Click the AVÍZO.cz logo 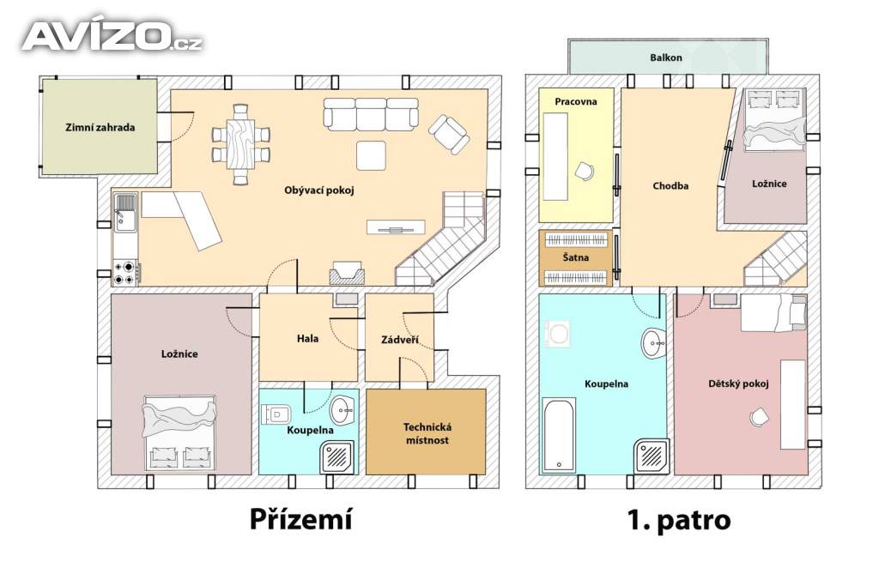(x=112, y=36)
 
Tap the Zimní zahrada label (x=100, y=127)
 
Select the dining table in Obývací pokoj (x=240, y=144)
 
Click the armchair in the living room (x=448, y=135)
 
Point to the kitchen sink (x=125, y=212)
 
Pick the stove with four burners (x=125, y=272)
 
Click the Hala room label (x=308, y=338)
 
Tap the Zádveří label (x=400, y=340)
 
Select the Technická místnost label (x=427, y=433)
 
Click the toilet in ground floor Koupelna (x=276, y=414)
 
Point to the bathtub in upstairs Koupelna (x=559, y=435)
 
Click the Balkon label (x=666, y=57)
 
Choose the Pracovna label (x=576, y=101)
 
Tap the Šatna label (x=576, y=257)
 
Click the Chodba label (x=670, y=186)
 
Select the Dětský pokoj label (x=738, y=384)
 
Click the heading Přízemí (x=301, y=519)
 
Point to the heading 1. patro (x=679, y=521)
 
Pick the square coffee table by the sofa (x=371, y=155)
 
